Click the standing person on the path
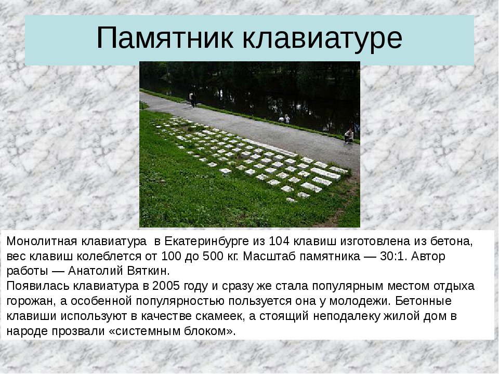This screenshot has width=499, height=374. (x=192, y=99)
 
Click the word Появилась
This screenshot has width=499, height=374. (x=38, y=286)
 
